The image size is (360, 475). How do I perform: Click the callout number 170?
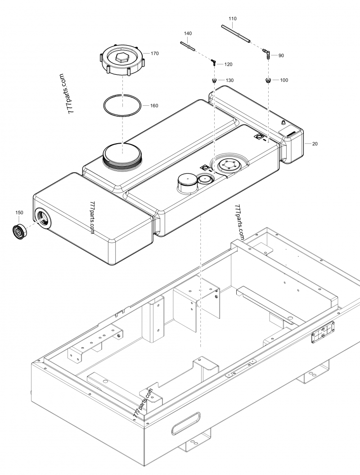click(154, 53)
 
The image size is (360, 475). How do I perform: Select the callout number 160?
click(154, 106)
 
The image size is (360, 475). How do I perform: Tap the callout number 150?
click(19, 212)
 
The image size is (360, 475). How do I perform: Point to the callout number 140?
click(188, 34)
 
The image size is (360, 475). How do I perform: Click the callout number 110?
click(232, 19)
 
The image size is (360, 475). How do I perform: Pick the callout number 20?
click(315, 144)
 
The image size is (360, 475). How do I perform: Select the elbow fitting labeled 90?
click(266, 55)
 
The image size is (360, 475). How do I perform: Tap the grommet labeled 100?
click(268, 81)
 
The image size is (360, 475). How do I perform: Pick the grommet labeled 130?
click(215, 81)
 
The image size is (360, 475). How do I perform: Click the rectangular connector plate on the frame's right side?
click(322, 334)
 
